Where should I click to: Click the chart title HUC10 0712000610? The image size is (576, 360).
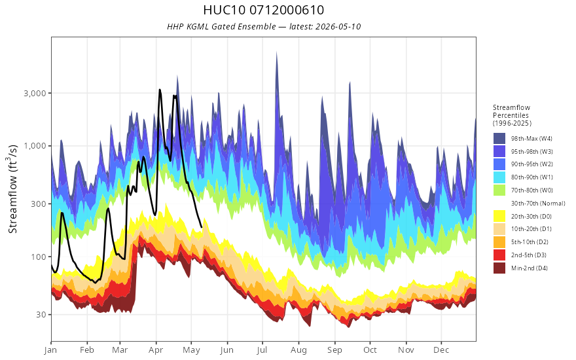tap(263, 10)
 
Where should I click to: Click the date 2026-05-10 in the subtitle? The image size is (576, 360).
tap(338, 26)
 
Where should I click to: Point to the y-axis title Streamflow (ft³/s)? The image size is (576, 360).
tap(12, 189)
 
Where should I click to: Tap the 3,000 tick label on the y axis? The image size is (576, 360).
tap(35, 94)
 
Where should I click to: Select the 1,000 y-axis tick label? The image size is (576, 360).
tap(35, 146)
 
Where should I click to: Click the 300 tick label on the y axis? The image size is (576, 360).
tap(39, 204)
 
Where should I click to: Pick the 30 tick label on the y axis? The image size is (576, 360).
tap(41, 314)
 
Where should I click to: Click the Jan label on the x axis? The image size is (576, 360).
tap(50, 350)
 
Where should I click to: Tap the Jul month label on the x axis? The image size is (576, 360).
tap(262, 350)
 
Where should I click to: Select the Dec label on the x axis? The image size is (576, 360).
tap(441, 350)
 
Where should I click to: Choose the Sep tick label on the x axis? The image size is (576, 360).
tap(334, 350)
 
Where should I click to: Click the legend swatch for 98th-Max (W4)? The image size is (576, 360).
tap(499, 139)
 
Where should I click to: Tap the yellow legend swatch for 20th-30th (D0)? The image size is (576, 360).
tap(499, 216)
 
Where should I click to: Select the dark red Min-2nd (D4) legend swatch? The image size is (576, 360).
tap(499, 268)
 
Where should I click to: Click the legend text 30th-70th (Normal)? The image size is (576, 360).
tap(538, 203)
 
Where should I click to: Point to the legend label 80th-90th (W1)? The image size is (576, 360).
tap(532, 177)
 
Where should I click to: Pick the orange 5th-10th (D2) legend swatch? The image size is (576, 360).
tap(499, 242)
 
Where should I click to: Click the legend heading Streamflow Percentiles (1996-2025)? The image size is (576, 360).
tap(512, 115)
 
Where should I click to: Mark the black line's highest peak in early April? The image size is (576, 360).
tap(160, 90)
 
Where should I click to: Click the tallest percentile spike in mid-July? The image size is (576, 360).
tap(276, 52)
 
